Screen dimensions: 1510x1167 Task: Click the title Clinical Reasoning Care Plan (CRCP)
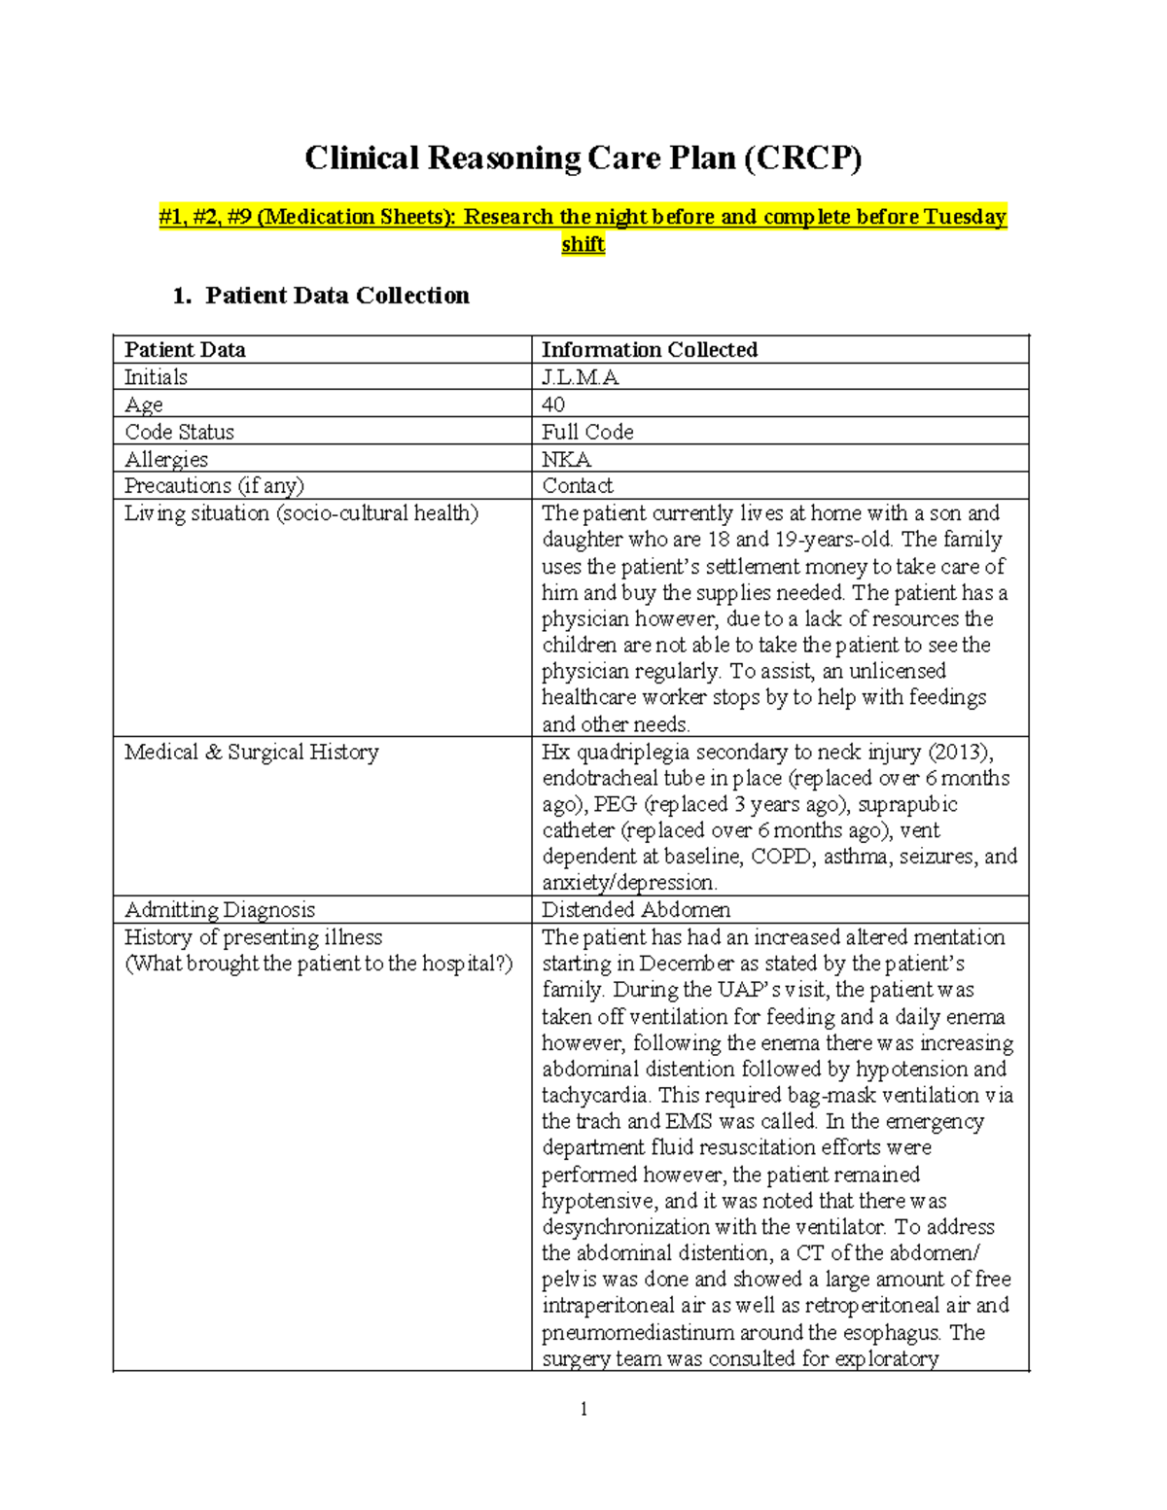pyautogui.click(x=583, y=158)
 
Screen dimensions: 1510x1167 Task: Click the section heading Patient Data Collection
pyautogui.click(x=336, y=296)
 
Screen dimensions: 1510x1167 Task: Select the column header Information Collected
pyautogui.click(x=649, y=350)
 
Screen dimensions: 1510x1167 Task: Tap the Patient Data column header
pyautogui.click(x=185, y=350)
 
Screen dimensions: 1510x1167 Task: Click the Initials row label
pyautogui.click(x=156, y=377)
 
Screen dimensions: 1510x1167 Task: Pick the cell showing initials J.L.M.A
pyautogui.click(x=580, y=377)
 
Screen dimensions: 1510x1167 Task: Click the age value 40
pyautogui.click(x=553, y=404)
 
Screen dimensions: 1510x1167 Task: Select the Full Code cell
pyautogui.click(x=587, y=432)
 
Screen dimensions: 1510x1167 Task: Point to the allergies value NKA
pyautogui.click(x=566, y=459)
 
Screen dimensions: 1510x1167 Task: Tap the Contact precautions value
pyautogui.click(x=577, y=485)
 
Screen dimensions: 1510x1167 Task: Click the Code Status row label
pyautogui.click(x=179, y=432)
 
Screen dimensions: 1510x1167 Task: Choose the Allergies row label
pyautogui.click(x=166, y=459)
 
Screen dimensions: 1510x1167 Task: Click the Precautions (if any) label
pyautogui.click(x=214, y=485)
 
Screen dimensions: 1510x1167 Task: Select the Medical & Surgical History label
pyautogui.click(x=251, y=752)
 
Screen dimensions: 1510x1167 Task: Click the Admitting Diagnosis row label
pyautogui.click(x=220, y=910)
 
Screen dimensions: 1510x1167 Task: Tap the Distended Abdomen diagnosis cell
pyautogui.click(x=635, y=910)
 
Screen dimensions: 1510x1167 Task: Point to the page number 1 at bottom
pyautogui.click(x=583, y=1409)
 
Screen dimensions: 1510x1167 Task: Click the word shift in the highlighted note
pyautogui.click(x=583, y=244)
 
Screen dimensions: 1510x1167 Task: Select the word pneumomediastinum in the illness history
pyautogui.click(x=637, y=1332)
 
